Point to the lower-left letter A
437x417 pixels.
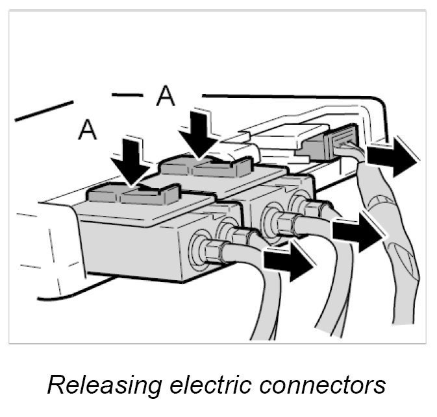(87, 130)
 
